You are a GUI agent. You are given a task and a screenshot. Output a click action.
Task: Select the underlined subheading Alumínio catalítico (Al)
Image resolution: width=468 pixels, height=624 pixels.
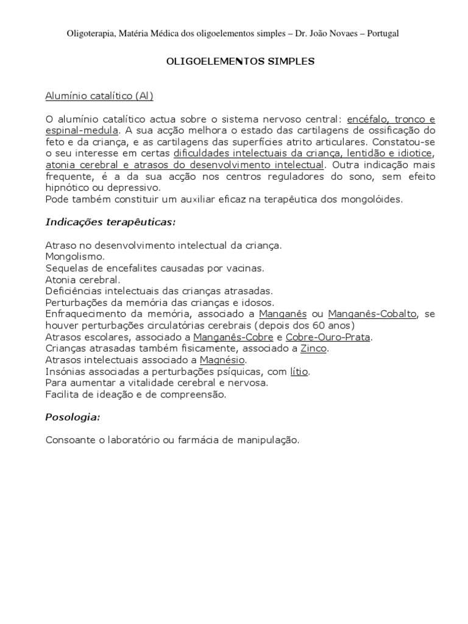point(99,96)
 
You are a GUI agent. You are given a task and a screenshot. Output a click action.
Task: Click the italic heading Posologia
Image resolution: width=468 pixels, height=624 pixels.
point(73,417)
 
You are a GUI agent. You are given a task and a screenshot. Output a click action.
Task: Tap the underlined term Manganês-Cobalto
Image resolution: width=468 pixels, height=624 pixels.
point(372,314)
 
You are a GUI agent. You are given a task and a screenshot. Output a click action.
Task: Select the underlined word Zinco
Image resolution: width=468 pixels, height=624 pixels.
point(314,349)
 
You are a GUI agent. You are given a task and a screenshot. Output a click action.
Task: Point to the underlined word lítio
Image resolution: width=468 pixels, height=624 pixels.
point(299,372)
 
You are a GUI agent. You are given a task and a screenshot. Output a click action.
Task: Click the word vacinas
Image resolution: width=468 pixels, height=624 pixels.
point(247,268)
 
